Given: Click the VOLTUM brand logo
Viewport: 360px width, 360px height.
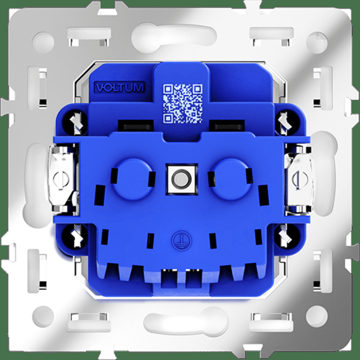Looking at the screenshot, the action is [x=120, y=88].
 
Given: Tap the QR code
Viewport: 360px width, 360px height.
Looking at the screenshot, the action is [x=182, y=104].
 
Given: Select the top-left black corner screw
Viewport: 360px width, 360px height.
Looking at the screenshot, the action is [x=75, y=122].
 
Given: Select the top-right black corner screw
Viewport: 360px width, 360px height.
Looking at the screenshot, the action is [x=287, y=122].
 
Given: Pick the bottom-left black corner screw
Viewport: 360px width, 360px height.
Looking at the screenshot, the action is [x=75, y=236].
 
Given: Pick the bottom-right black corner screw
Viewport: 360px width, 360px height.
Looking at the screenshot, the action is [x=287, y=236].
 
